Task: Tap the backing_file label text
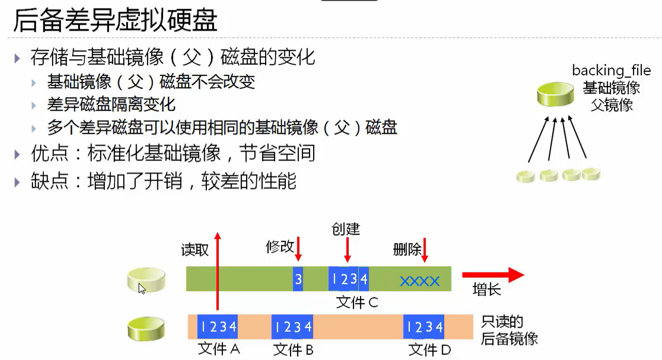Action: (611, 70)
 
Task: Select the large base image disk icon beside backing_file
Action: (555, 94)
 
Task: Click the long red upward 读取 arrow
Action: (218, 273)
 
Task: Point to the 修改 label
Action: (280, 247)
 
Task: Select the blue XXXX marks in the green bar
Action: (419, 281)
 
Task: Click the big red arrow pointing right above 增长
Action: (492, 275)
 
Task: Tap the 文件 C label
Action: (357, 302)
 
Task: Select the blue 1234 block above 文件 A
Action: (218, 326)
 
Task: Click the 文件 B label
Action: (293, 350)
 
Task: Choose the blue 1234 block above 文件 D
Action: (424, 326)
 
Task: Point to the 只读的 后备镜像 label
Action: (509, 330)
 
